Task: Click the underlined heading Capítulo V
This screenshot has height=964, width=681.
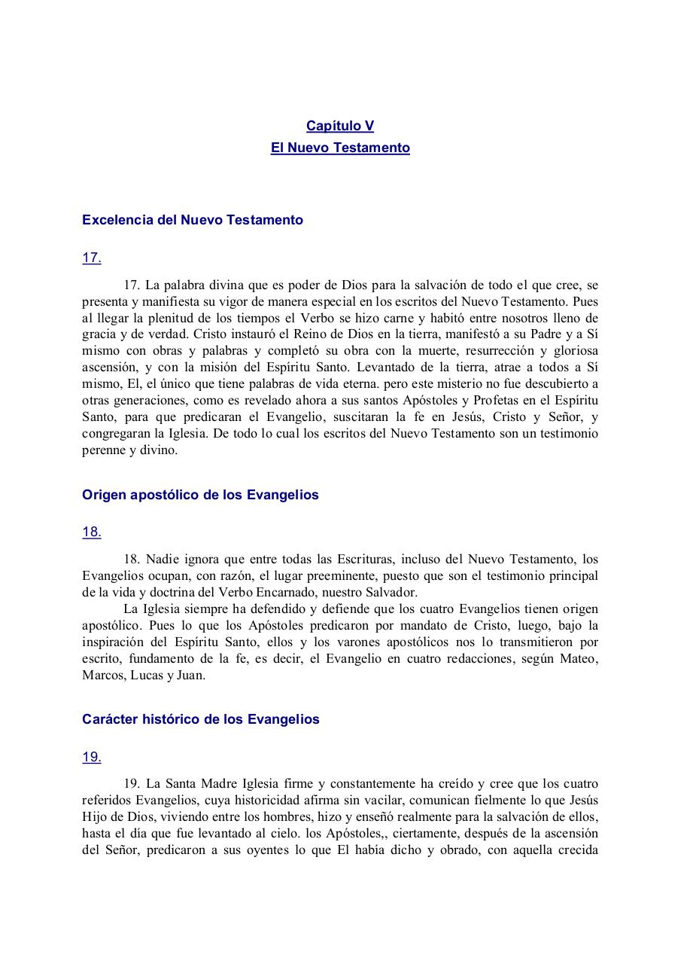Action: [x=340, y=126]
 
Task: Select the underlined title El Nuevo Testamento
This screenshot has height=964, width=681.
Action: [x=340, y=148]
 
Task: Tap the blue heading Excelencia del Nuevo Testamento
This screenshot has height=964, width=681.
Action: [x=193, y=220]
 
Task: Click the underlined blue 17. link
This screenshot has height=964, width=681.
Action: [x=92, y=258]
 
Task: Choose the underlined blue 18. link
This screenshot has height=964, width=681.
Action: [x=92, y=532]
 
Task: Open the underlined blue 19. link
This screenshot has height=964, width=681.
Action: [x=92, y=757]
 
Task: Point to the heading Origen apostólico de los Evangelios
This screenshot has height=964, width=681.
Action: [x=200, y=495]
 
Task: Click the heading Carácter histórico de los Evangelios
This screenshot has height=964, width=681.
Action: [x=201, y=719]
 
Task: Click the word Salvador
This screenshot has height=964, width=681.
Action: [x=390, y=592]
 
